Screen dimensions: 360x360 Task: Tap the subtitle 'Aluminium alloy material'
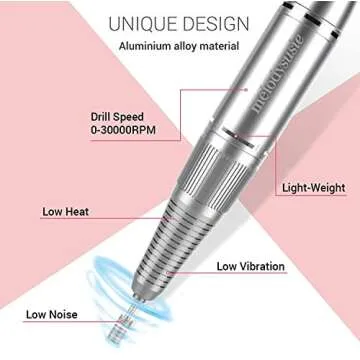coord(180,46)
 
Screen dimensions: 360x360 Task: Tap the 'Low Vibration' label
coord(250,266)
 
